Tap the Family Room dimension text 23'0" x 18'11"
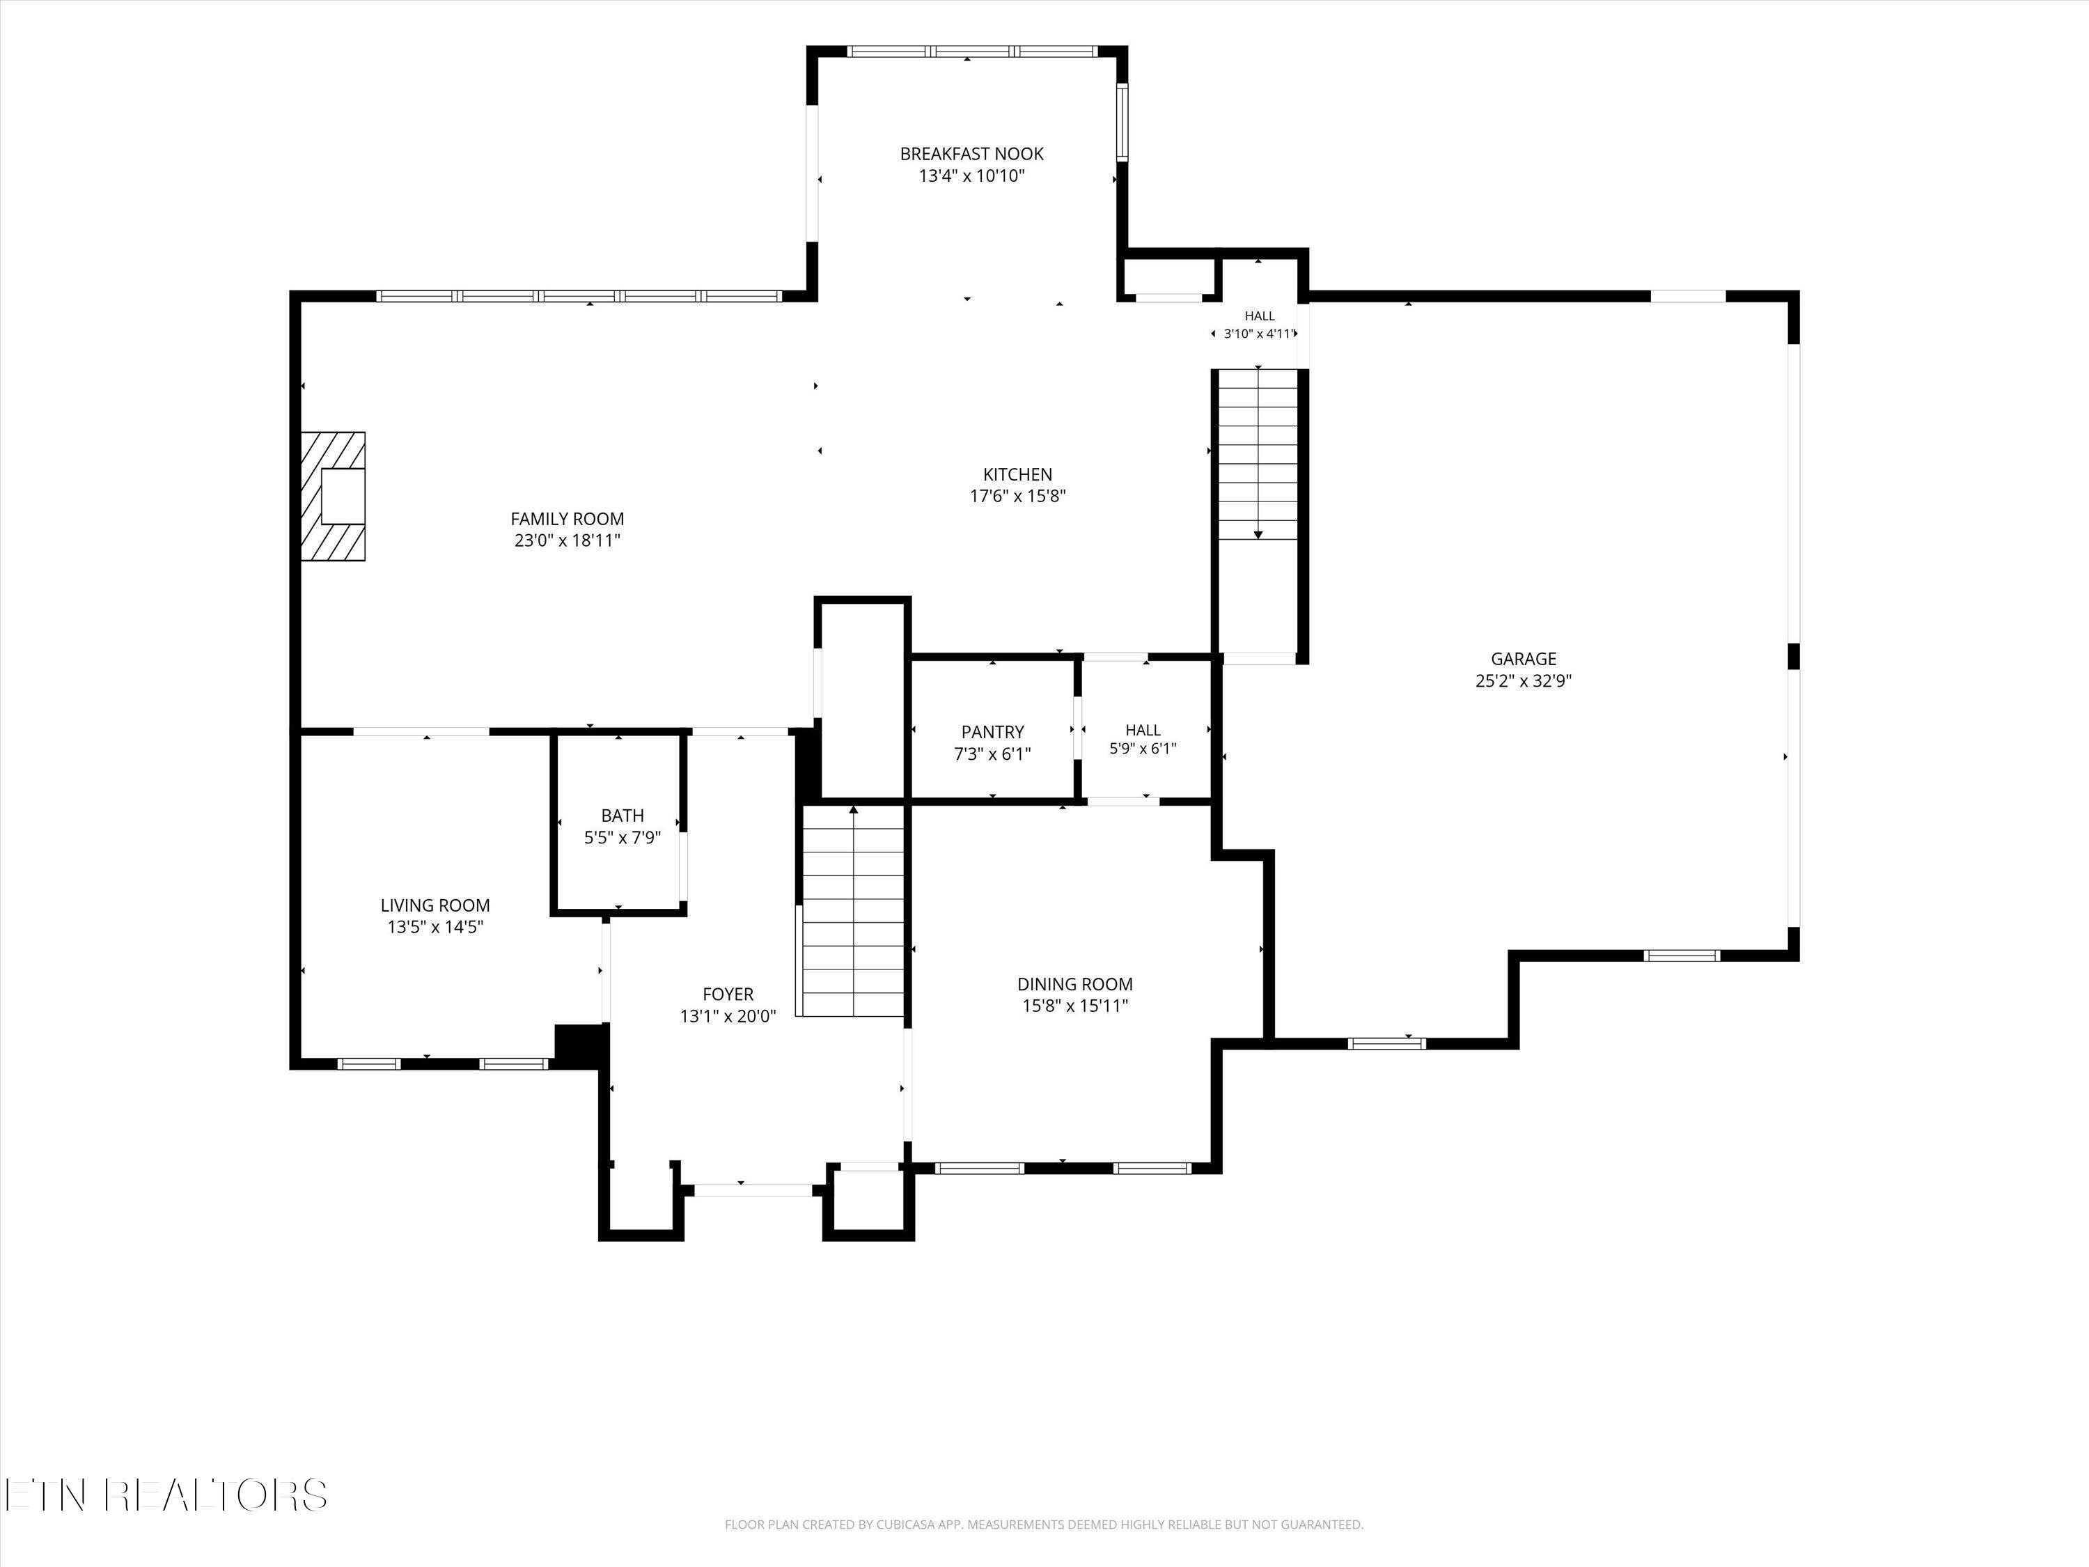[x=567, y=541]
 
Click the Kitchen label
[x=1017, y=475]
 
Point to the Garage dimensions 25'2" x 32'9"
[x=1524, y=681]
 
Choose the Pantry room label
[x=992, y=732]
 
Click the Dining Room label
[x=1074, y=984]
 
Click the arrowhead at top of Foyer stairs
[x=854, y=809]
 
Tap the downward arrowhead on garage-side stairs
[x=1258, y=535]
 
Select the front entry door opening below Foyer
[x=753, y=1190]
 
